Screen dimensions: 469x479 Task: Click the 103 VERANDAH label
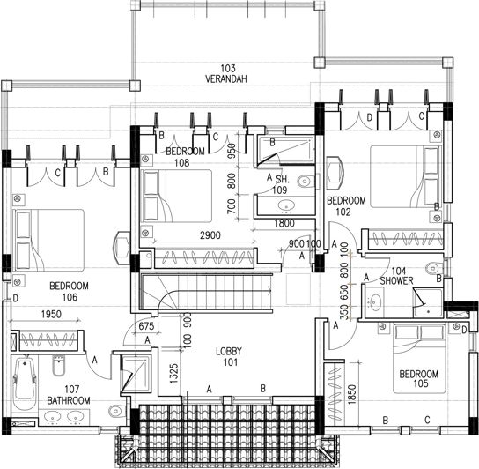tap(228, 74)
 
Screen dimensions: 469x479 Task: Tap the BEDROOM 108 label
tap(185, 157)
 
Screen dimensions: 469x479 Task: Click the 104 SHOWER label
tap(393, 277)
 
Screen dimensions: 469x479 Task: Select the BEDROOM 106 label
tap(69, 292)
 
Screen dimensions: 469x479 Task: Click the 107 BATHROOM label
tap(68, 395)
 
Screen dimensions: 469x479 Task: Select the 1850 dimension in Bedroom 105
tap(352, 395)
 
